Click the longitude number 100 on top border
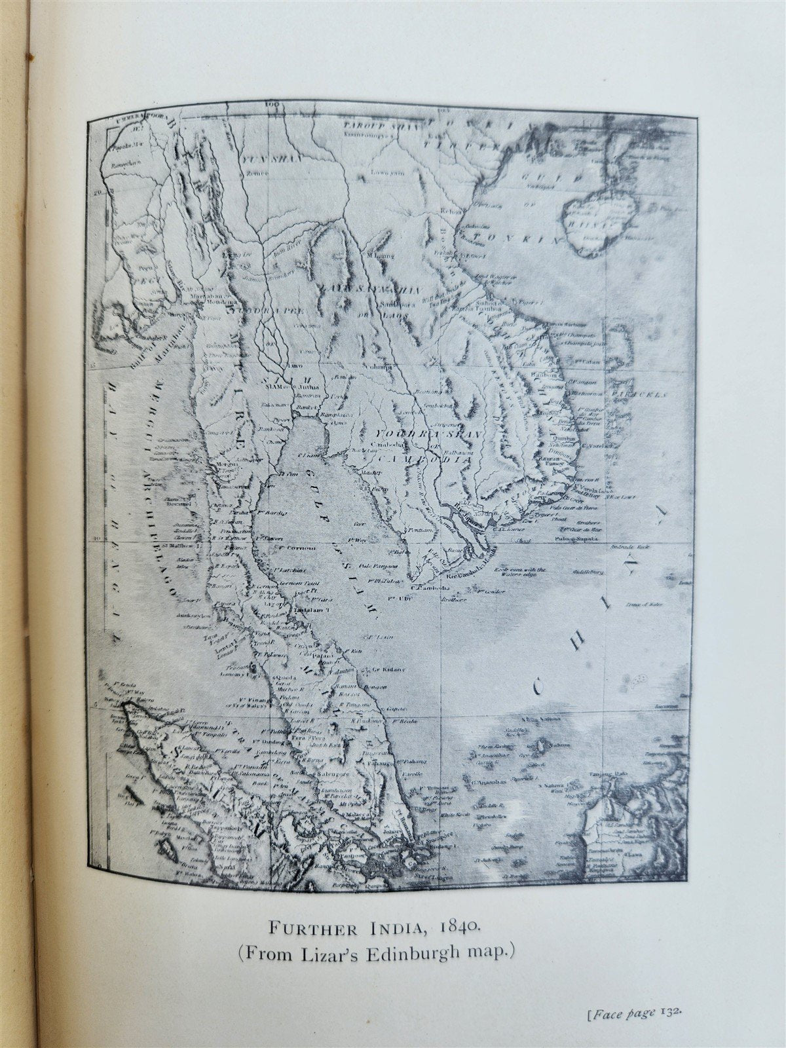(x=272, y=103)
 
